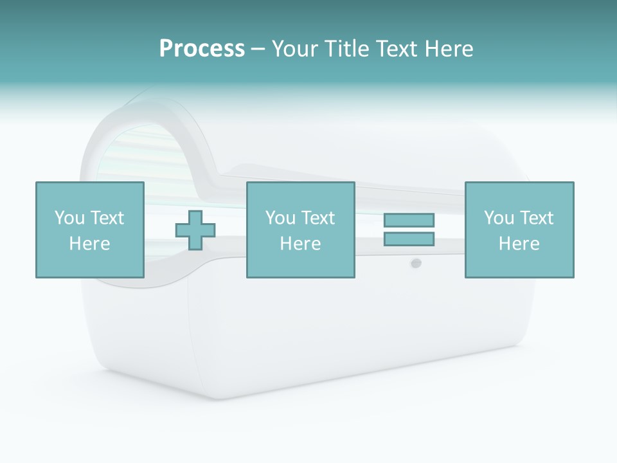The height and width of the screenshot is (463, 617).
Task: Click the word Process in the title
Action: tap(202, 49)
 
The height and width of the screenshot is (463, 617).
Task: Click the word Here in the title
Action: tap(449, 49)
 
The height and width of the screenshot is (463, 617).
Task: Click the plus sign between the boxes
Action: tap(195, 230)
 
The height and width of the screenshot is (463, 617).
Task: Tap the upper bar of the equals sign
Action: tap(409, 220)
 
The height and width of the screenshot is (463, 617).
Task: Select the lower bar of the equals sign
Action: tap(409, 239)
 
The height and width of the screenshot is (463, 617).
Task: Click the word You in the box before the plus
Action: tap(69, 218)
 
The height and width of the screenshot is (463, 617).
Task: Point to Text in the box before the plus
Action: tap(107, 218)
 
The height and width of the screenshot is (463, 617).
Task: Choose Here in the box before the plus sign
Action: tap(89, 244)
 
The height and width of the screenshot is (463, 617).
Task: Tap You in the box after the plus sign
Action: tap(280, 218)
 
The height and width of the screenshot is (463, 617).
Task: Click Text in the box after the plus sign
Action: tap(317, 218)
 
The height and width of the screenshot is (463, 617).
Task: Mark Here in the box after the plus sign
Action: tap(300, 244)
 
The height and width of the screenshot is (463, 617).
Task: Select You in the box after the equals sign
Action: tap(499, 218)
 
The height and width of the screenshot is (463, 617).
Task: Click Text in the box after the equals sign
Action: tap(536, 218)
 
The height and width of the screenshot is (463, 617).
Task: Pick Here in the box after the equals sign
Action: tap(519, 244)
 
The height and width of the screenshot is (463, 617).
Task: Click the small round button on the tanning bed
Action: tap(416, 262)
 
